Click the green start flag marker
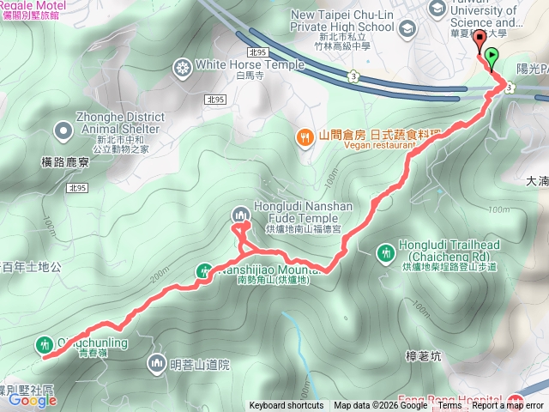click(492, 58)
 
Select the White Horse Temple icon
click(183, 65)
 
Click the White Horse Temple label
click(250, 64)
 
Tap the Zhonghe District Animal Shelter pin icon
click(62, 130)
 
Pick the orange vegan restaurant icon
click(305, 136)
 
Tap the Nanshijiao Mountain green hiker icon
click(204, 270)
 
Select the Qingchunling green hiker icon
click(44, 344)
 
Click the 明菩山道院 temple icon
click(156, 364)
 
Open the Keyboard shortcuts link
click(287, 406)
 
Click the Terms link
click(450, 406)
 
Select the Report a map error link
click(508, 406)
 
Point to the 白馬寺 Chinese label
click(222, 76)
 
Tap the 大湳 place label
click(536, 181)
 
